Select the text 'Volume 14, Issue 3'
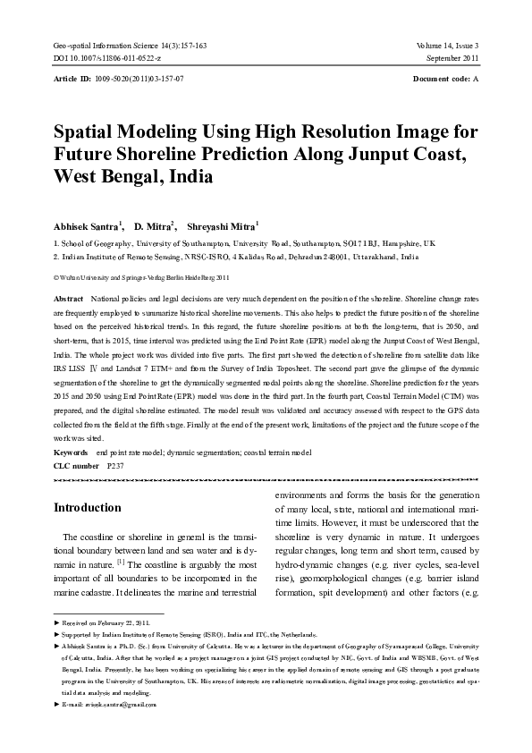[x=447, y=45]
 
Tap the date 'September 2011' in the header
[x=452, y=57]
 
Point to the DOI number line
[x=107, y=57]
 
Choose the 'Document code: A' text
[x=446, y=80]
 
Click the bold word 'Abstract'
[x=69, y=296]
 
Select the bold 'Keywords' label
[x=71, y=453]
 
